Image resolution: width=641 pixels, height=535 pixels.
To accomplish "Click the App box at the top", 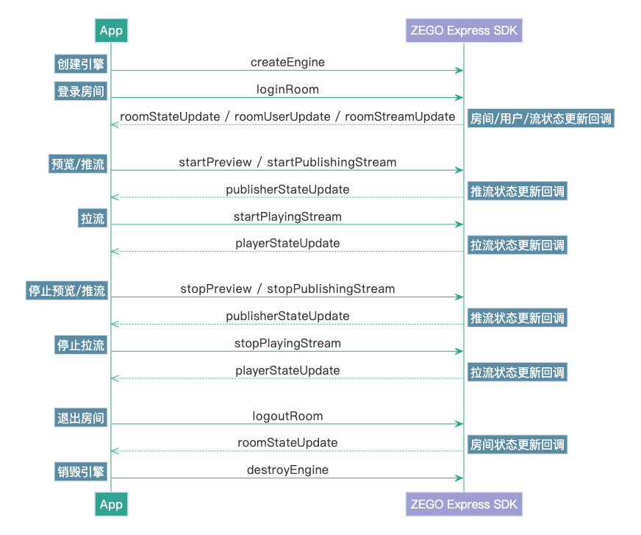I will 111,30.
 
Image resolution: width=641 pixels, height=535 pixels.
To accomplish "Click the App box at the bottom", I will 111,504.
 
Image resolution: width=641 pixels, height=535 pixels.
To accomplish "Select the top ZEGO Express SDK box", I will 464,30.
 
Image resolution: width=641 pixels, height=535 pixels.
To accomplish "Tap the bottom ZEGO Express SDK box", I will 464,504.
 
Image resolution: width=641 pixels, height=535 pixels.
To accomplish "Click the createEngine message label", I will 287,63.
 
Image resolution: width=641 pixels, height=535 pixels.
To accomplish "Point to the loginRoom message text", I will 287,90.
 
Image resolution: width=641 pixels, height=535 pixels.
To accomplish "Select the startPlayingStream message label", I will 287,216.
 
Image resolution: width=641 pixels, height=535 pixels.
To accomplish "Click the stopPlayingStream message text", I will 287,343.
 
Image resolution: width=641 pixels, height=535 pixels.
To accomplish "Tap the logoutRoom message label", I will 287,416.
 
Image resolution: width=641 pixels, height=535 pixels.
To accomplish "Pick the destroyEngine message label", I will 287,470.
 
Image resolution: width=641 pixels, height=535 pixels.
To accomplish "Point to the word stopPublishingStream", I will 331,288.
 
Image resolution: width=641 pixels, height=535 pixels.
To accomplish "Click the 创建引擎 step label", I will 81,64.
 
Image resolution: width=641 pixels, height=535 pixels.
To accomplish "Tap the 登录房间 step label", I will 81,91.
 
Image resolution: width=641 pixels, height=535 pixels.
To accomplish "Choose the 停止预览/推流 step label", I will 67,291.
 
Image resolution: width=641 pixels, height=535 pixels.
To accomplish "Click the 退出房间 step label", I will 81,418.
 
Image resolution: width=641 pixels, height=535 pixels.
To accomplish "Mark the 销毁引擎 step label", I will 81,472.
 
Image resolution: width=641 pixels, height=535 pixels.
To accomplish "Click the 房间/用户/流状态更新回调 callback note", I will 540,118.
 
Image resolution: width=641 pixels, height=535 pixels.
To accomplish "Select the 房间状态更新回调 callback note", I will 518,444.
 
